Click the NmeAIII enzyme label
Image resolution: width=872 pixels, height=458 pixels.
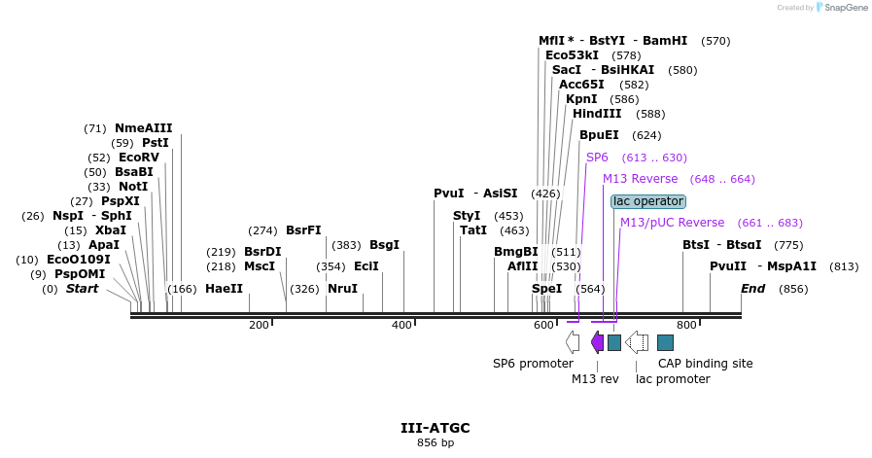click(143, 128)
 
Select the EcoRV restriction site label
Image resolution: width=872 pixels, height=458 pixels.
click(138, 158)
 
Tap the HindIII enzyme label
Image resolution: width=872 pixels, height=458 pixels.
click(597, 114)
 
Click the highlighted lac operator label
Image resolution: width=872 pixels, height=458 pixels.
click(648, 201)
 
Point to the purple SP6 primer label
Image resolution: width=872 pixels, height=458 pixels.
click(597, 158)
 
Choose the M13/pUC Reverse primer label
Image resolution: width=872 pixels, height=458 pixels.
click(672, 223)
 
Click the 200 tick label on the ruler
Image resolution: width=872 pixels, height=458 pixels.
click(259, 325)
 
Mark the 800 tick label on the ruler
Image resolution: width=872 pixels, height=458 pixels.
click(686, 325)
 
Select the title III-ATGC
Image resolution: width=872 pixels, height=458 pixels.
click(436, 428)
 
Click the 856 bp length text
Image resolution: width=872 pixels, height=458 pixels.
click(436, 443)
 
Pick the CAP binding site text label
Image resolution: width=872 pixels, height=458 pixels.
click(705, 364)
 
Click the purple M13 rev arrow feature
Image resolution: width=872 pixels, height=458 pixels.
click(597, 342)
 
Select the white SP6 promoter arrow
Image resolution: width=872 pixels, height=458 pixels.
click(573, 342)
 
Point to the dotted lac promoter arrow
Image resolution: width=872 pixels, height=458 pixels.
click(637, 342)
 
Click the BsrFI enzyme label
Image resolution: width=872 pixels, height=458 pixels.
click(303, 230)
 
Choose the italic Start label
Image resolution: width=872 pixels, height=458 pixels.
click(82, 289)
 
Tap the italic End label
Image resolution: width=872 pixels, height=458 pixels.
click(752, 289)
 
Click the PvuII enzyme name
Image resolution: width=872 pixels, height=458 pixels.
click(728, 266)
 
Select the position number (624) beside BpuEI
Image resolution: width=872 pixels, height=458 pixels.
click(646, 136)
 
